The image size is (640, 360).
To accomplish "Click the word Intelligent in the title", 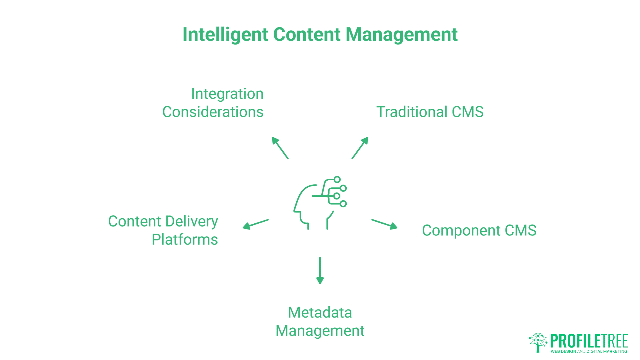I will point(225,35).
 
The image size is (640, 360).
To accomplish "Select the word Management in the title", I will point(401,35).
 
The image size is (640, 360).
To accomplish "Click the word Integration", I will point(227,94).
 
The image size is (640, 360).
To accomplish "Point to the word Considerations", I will point(213,112).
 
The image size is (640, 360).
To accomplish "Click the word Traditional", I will point(412,112).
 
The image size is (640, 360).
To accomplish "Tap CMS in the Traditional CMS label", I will point(467,112).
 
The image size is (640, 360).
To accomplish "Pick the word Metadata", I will point(320,313).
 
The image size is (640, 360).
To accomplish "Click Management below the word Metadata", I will point(320,331).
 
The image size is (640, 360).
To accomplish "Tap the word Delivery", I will point(191,222).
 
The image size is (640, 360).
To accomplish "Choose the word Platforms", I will point(185,240).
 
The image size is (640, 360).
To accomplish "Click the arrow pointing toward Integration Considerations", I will point(280,148).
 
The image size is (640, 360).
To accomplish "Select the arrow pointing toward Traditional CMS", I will point(360,148).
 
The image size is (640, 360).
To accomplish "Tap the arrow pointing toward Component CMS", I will point(384,224).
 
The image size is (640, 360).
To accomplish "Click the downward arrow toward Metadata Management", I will point(320,270).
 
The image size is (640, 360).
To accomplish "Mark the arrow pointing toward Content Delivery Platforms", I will point(256,224).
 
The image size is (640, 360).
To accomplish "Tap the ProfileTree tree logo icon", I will point(538,342).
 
